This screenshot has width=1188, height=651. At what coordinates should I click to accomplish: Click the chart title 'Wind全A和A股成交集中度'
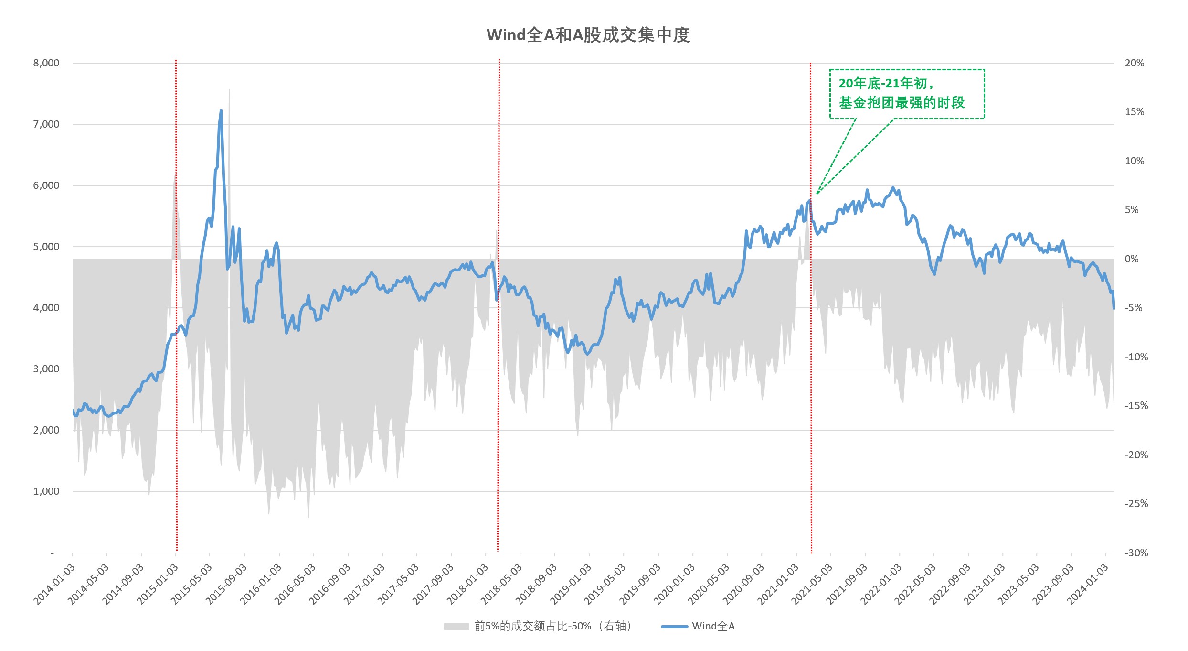tap(588, 35)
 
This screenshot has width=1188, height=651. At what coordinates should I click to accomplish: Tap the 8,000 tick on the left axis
tap(46, 63)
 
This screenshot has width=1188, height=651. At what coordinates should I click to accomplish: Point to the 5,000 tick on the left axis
tap(46, 247)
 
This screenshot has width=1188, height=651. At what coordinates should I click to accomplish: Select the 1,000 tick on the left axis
tap(46, 491)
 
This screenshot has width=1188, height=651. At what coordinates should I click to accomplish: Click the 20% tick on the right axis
tap(1135, 63)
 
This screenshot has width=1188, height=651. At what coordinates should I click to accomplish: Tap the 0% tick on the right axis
tap(1132, 259)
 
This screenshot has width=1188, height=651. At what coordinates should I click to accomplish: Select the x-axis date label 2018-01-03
tap(467, 584)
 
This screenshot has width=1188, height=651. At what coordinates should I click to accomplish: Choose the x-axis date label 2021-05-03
tap(812, 584)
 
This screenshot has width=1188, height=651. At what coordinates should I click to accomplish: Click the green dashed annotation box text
tap(902, 93)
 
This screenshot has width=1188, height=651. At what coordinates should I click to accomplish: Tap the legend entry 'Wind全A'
tap(713, 626)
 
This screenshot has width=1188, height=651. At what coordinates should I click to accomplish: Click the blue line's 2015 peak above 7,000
tap(221, 111)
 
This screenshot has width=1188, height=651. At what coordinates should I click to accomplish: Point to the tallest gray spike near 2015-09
tap(229, 91)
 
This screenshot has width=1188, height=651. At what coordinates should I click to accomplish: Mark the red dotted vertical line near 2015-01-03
tap(176, 306)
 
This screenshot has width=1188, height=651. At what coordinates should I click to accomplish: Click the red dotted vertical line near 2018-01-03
tap(499, 306)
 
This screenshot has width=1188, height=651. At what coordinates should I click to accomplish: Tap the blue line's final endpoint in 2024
tap(1114, 308)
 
